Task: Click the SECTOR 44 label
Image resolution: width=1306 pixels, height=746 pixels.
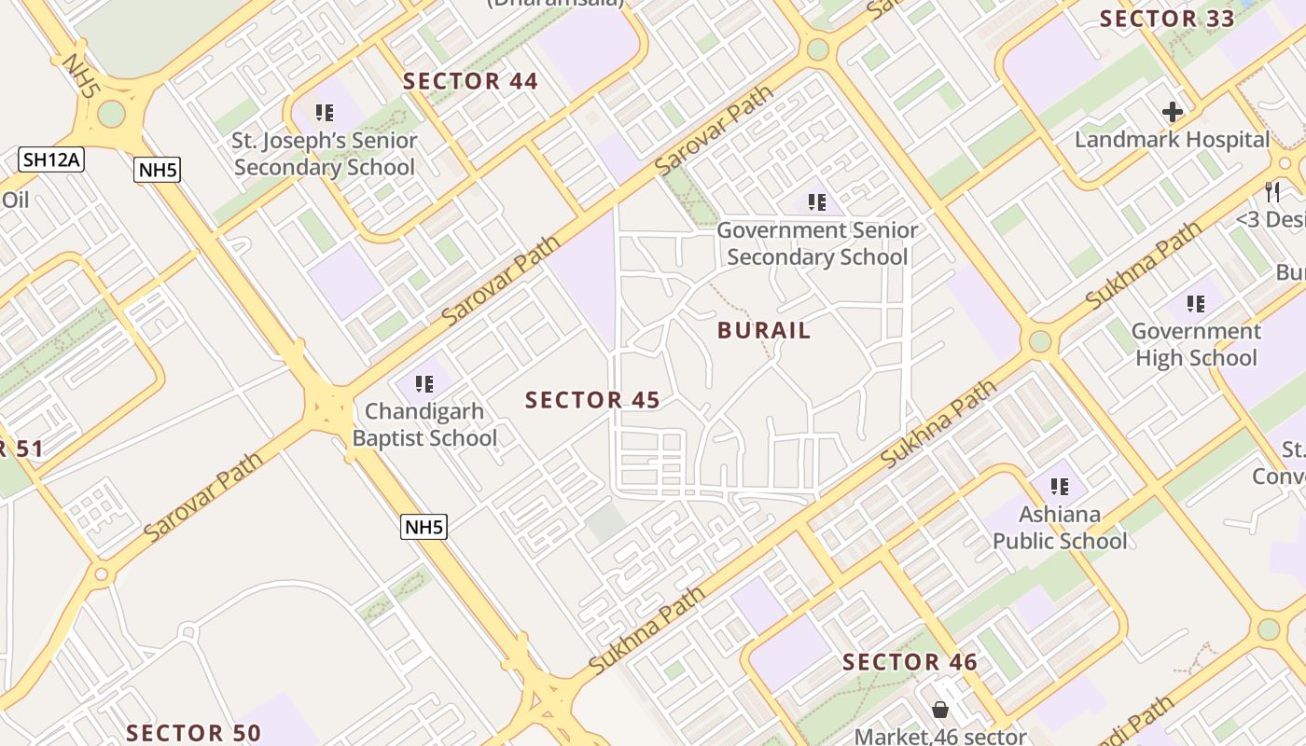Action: (470, 81)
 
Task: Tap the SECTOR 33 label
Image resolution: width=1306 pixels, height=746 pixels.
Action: (1167, 19)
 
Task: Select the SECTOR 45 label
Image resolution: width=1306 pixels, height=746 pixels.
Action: (592, 400)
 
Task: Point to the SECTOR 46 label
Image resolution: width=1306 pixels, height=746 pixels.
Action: (910, 662)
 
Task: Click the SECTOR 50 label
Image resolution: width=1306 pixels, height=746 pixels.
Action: (193, 733)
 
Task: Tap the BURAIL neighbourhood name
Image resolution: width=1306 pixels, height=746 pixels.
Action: (764, 330)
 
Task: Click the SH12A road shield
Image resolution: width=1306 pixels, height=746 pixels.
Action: (51, 159)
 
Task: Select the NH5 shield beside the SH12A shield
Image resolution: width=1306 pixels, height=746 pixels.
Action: (158, 170)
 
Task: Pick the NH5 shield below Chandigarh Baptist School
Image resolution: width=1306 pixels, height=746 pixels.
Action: (424, 527)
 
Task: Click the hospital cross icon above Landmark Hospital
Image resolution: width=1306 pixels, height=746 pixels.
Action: (1173, 113)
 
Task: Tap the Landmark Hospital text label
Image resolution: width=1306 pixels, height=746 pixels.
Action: (1173, 140)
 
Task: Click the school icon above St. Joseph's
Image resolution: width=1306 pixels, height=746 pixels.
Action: (325, 114)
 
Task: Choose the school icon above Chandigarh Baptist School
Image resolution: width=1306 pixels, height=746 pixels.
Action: (424, 384)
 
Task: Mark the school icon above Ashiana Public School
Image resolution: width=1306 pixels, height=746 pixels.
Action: (1060, 487)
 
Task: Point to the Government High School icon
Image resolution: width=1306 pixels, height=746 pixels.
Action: (1196, 304)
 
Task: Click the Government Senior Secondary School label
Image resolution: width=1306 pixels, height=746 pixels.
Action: (817, 242)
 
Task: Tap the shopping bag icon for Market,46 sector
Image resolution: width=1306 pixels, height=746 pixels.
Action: (940, 711)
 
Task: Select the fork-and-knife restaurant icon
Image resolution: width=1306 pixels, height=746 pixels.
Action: (1272, 192)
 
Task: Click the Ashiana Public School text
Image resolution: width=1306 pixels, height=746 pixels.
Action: (1060, 528)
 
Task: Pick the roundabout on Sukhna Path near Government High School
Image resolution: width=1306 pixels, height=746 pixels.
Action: (1040, 341)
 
